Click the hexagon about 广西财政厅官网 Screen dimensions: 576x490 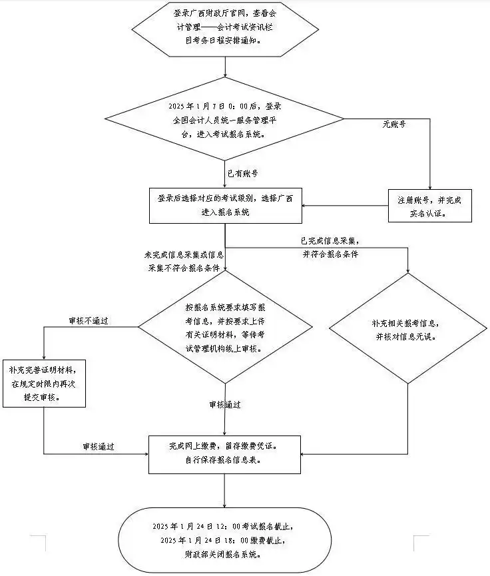pyautogui.click(x=226, y=29)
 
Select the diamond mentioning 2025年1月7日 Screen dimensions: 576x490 pyautogui.click(x=226, y=120)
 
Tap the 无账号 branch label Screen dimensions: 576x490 pyautogui.click(x=394, y=124)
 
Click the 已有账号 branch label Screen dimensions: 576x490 pyautogui.click(x=242, y=173)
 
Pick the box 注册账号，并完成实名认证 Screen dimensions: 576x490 pyautogui.click(x=430, y=206)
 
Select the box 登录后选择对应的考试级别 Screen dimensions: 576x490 pyautogui.click(x=226, y=205)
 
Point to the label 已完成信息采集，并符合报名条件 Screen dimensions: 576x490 pyautogui.click(x=330, y=247)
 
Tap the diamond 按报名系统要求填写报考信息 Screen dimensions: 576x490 pyautogui.click(x=225, y=328)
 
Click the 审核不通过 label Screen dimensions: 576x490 pyautogui.click(x=89, y=321)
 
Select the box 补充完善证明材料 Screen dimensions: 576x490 pyautogui.click(x=43, y=382)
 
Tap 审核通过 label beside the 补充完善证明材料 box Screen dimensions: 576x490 pyautogui.click(x=99, y=446)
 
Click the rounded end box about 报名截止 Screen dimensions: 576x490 pyautogui.click(x=226, y=539)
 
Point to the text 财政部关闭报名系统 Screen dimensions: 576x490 pyautogui.click(x=226, y=553)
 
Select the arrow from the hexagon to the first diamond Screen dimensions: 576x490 pyautogui.click(x=226, y=67)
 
